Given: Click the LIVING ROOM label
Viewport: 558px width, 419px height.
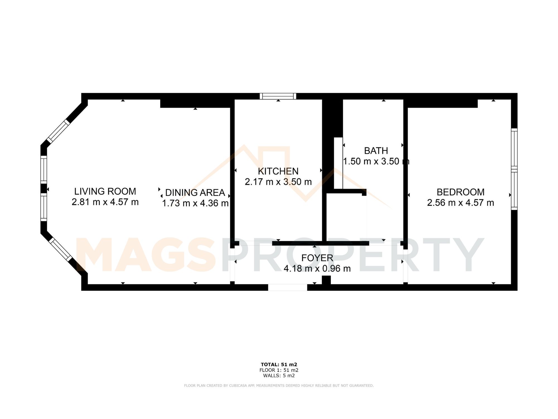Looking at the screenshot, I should pos(105,191).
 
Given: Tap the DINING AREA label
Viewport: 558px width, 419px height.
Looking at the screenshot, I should pos(195,192).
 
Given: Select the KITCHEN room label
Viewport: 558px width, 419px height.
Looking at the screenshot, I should pos(278,171).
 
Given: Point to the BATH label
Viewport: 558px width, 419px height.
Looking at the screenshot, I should pos(376,151).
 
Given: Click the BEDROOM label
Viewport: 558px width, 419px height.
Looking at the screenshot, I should pos(460,192).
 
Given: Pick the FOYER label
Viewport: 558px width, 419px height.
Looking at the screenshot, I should pos(317,258).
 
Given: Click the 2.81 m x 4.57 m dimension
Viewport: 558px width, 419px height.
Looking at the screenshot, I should pos(105,202).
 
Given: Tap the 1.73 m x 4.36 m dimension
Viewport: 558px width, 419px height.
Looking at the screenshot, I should pos(195,203).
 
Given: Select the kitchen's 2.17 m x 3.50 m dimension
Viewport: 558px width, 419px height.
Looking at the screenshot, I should pos(278,182).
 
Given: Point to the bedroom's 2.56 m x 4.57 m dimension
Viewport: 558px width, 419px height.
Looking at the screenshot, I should pos(460,203).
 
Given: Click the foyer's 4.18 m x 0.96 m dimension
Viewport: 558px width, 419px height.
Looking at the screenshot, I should pos(317,268).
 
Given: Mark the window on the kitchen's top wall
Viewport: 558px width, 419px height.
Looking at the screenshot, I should pos(278,96).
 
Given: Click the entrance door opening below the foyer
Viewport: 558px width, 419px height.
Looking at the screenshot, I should pos(288,287).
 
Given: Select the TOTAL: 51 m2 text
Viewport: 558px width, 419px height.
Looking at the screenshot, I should pos(279,365).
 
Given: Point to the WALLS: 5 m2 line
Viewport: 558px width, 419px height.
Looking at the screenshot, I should pos(279,375).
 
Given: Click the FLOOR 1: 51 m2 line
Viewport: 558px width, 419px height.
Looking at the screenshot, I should pos(279,370).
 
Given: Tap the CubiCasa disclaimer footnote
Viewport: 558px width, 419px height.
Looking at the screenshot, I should pos(279,385).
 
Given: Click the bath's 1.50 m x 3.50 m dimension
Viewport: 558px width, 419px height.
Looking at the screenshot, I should pos(376,161).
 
